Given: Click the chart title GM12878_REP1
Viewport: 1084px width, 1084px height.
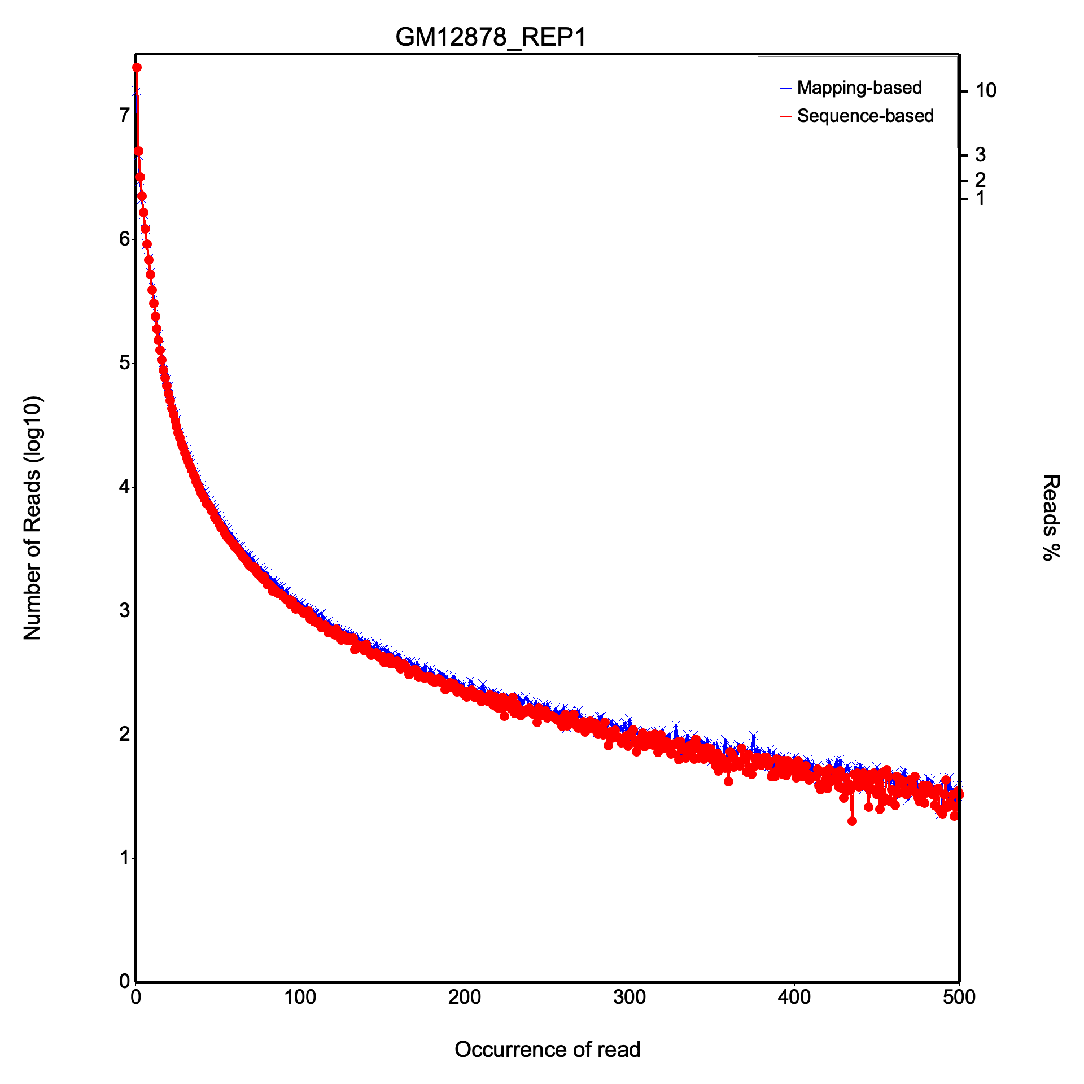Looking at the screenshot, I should (x=491, y=37).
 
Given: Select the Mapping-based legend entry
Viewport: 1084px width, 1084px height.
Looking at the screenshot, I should (x=859, y=88).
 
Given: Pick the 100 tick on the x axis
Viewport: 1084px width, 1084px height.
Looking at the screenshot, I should (x=300, y=997).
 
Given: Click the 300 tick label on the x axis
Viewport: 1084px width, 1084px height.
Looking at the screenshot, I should (x=630, y=997).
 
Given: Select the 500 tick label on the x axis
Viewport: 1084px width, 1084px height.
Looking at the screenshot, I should (x=959, y=997).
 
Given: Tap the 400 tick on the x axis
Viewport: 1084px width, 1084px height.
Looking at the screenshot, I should (x=794, y=997).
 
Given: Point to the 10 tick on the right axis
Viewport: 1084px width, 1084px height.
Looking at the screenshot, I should (x=986, y=90).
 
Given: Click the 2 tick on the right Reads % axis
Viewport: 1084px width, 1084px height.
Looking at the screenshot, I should (x=980, y=180).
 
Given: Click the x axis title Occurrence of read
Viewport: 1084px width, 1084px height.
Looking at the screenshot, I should (x=547, y=1050).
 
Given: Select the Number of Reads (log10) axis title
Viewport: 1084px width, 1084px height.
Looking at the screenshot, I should (x=32, y=518).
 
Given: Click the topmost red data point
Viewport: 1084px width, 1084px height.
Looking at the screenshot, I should (x=137, y=68).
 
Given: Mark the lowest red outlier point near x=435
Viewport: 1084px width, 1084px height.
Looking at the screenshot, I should (x=852, y=821).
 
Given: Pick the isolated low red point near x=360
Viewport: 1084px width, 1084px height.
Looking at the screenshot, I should (x=728, y=781).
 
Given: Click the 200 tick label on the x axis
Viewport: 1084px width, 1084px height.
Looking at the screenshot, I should (x=465, y=997).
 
